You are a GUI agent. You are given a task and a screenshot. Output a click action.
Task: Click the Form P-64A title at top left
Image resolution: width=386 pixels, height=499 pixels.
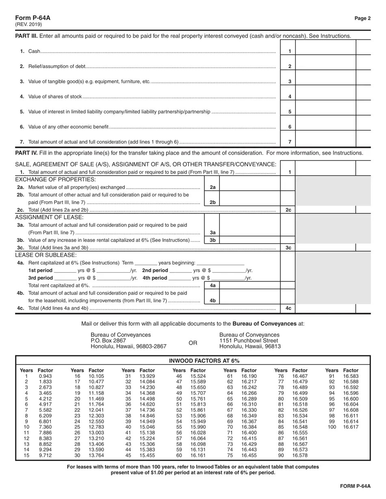tap(33, 18)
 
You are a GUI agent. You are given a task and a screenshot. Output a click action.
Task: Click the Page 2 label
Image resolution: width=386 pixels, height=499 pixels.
tap(362, 18)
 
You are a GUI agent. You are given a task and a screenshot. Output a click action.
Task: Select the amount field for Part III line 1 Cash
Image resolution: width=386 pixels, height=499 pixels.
tap(325, 51)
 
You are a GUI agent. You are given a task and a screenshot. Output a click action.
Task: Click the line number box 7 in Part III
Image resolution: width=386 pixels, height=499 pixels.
tap(290, 142)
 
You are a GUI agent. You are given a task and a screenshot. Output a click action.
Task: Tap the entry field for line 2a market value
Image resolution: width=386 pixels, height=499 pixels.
tap(249, 187)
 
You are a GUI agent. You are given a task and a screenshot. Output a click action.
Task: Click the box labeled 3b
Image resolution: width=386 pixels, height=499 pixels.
tap(212, 240)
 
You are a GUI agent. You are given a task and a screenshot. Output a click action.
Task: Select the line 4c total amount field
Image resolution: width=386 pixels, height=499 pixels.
tap(325, 308)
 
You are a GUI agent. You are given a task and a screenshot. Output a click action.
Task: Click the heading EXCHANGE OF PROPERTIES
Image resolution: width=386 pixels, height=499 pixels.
tap(55, 180)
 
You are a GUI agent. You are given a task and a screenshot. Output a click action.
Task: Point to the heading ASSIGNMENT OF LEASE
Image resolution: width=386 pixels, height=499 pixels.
tap(49, 217)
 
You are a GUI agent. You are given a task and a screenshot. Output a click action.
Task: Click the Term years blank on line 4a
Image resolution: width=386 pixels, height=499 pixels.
tap(145, 263)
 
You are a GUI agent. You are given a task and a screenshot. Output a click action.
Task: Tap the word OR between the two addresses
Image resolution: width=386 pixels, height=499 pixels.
tap(193, 343)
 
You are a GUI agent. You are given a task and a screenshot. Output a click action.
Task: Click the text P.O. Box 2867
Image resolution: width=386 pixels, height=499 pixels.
tap(108, 341)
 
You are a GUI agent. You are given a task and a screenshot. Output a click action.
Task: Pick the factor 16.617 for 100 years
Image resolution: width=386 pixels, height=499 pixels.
tap(351, 427)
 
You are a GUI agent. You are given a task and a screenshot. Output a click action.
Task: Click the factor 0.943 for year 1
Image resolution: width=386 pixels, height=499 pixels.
tap(46, 376)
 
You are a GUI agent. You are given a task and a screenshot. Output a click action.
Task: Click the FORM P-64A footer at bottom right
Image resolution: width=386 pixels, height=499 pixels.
tap(356, 486)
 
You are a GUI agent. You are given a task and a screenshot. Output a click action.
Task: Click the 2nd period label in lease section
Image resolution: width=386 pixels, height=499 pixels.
tap(155, 270)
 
